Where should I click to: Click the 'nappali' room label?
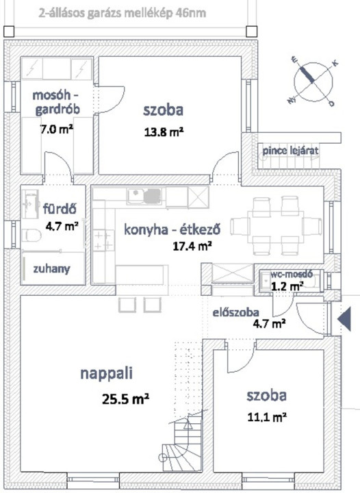tap(107, 374)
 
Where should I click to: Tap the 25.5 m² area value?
tap(125, 399)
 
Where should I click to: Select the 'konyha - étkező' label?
tap(172, 229)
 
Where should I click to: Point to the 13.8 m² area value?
tap(164, 131)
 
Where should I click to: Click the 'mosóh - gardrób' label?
tap(57, 102)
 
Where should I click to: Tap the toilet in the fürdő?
tap(31, 235)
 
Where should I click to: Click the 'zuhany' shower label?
tap(51, 269)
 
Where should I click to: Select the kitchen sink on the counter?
tap(144, 195)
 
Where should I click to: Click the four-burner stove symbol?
tap(103, 240)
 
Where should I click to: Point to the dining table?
tap(276, 226)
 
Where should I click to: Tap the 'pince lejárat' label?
tap(290, 151)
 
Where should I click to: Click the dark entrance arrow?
tap(344, 319)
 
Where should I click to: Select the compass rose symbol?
tap(313, 82)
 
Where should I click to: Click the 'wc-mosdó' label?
tap(292, 274)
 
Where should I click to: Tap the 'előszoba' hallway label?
tap(236, 312)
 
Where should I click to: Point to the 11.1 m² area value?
tap(267, 417)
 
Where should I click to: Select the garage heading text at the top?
tap(123, 14)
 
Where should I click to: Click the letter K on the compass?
tap(335, 63)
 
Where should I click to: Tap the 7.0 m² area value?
tap(57, 129)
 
